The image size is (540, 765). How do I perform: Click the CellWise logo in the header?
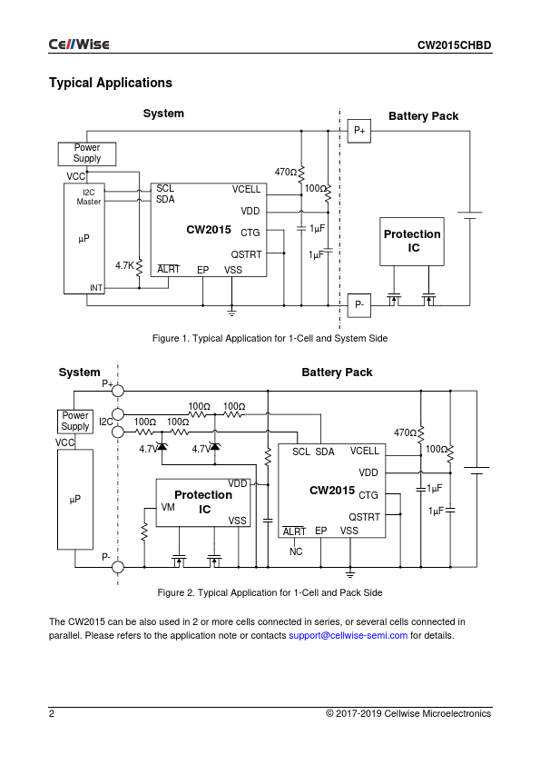click(79, 45)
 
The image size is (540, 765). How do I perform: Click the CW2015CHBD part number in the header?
click(454, 45)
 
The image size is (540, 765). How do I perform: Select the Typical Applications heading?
click(111, 83)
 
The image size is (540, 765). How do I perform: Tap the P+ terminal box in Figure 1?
click(359, 131)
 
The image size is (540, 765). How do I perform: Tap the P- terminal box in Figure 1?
click(359, 305)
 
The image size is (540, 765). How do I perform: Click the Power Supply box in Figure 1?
click(87, 154)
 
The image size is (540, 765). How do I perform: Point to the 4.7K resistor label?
click(124, 265)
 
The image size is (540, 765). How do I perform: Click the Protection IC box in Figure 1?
click(412, 242)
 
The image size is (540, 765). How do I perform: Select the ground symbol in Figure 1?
click(232, 313)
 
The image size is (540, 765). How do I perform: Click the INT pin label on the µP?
click(96, 288)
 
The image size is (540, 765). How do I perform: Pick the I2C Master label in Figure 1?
click(89, 197)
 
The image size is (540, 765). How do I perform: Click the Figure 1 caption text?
click(270, 339)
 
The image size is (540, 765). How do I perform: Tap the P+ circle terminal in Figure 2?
click(118, 391)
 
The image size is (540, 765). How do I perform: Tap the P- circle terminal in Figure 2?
click(118, 567)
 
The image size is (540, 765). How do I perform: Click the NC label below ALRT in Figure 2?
click(296, 551)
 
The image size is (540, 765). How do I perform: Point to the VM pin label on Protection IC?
click(168, 507)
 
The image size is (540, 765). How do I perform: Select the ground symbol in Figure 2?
click(350, 573)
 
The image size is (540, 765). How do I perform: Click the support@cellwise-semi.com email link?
click(348, 636)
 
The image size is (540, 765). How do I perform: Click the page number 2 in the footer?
click(52, 714)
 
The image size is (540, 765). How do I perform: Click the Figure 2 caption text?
click(270, 592)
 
